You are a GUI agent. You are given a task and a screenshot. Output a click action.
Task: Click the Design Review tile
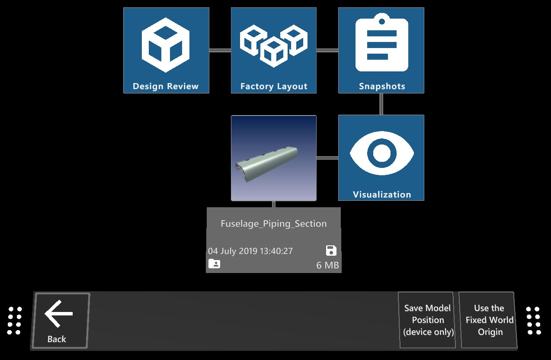[x=166, y=50]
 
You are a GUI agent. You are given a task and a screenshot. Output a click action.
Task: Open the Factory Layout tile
[x=273, y=50]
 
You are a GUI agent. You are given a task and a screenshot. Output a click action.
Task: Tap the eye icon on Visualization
[x=381, y=153]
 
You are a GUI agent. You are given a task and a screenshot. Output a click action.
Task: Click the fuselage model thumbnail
[x=273, y=158]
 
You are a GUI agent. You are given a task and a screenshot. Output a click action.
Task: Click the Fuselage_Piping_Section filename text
[x=273, y=224]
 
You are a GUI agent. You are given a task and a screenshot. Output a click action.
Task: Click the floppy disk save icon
[x=331, y=251]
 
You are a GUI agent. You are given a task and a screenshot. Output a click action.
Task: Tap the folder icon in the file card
[x=214, y=264]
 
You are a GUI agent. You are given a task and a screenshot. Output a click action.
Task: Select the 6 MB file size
[x=327, y=265]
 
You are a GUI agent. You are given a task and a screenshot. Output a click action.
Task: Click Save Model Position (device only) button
[x=427, y=320]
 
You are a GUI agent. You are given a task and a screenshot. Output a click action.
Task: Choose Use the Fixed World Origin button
[x=489, y=320]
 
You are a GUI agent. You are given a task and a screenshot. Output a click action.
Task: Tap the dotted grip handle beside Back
[x=15, y=321]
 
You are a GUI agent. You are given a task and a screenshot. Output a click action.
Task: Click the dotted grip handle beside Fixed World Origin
[x=533, y=321]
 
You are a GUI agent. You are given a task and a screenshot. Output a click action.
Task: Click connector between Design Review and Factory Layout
[x=220, y=50]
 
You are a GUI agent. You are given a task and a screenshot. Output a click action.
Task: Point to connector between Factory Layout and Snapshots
[x=327, y=50]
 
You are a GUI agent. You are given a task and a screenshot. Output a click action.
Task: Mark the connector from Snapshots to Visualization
[x=381, y=104]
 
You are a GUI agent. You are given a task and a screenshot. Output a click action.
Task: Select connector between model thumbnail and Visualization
[x=327, y=158]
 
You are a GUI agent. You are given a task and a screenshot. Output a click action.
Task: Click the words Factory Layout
[x=273, y=86]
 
